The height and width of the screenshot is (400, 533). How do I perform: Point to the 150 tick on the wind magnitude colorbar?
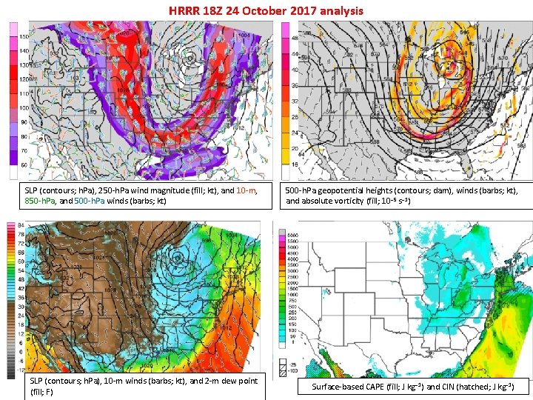[24, 36]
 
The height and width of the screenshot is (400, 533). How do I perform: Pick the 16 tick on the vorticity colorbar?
[294, 164]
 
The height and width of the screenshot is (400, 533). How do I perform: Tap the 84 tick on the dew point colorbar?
[21, 225]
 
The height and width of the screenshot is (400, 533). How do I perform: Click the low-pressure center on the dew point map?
[177, 257]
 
